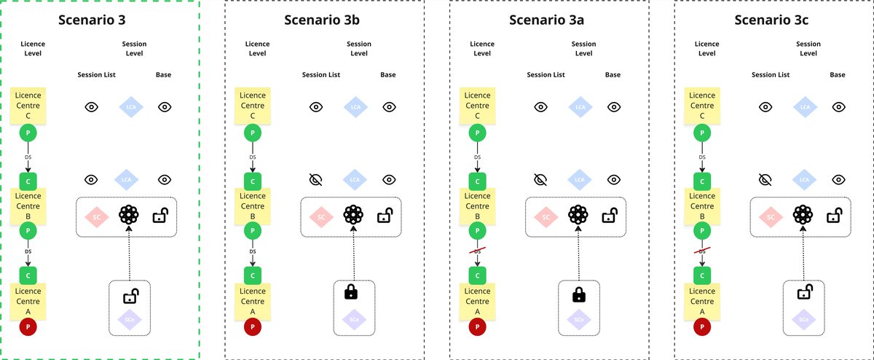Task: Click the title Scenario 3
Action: click(x=101, y=20)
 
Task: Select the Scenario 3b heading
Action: click(x=323, y=20)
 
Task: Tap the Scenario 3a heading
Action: click(x=547, y=20)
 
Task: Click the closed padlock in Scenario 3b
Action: click(x=351, y=293)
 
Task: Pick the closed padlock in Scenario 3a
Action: click(x=579, y=294)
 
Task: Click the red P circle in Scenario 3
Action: click(x=28, y=327)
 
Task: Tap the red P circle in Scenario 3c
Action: click(x=702, y=327)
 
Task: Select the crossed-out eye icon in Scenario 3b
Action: click(x=316, y=179)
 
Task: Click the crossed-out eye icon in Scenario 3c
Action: click(x=765, y=179)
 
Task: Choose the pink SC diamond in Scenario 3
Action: click(x=95, y=216)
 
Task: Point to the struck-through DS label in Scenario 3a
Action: click(x=477, y=251)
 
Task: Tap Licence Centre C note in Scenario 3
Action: click(x=28, y=105)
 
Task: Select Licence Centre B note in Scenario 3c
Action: click(x=702, y=205)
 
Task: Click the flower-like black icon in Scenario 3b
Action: click(x=353, y=216)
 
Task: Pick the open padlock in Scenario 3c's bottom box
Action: click(x=804, y=293)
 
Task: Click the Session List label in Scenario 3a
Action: click(x=546, y=75)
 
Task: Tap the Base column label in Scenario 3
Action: click(x=164, y=75)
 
